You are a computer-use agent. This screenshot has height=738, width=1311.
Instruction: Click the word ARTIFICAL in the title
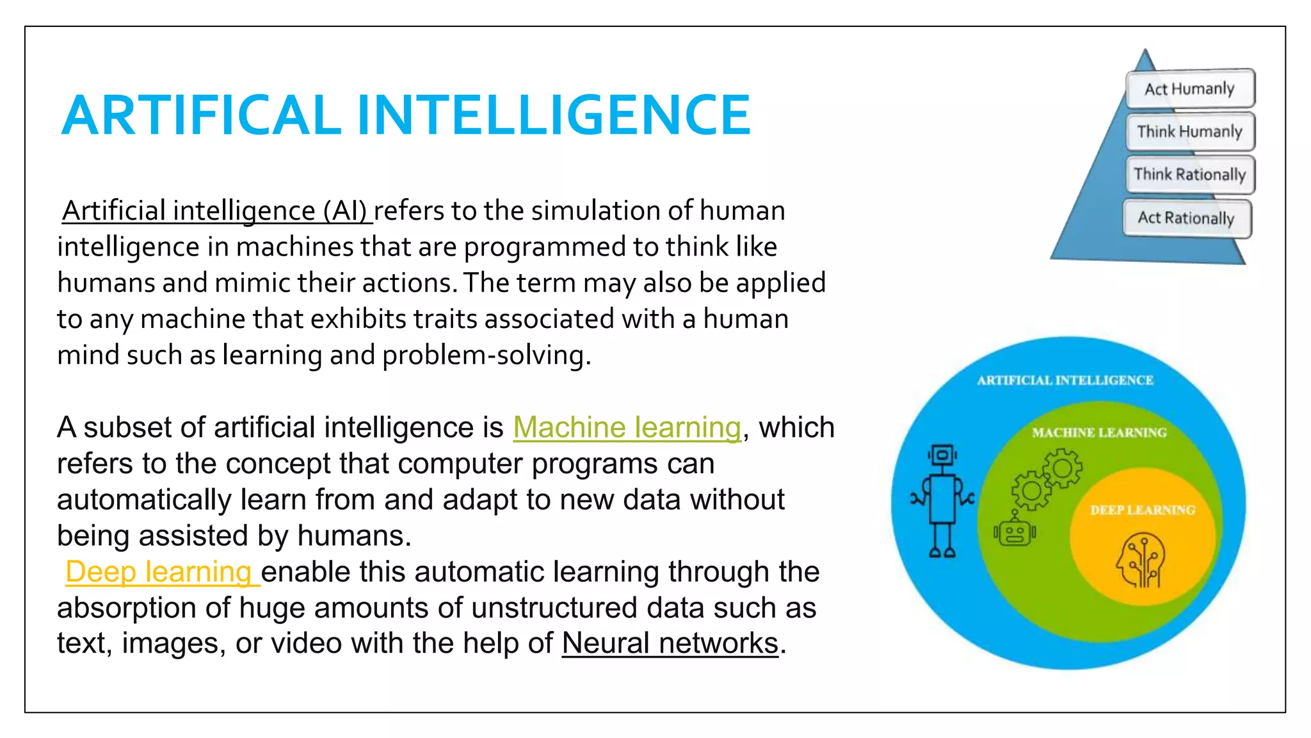201,115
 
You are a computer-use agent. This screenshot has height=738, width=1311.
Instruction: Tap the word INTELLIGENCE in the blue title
554,115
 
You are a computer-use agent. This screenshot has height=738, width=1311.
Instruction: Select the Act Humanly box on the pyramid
1189,88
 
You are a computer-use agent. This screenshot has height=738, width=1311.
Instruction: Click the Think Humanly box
1189,131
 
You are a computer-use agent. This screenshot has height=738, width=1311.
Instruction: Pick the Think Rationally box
1189,174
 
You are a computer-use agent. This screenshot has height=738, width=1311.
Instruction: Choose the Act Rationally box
1186,218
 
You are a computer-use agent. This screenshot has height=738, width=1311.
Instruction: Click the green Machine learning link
627,427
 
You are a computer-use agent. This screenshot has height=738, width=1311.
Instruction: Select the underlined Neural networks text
670,643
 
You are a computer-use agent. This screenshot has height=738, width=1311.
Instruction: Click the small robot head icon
1015,532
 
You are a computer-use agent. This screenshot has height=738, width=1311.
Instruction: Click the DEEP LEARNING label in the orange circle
1143,510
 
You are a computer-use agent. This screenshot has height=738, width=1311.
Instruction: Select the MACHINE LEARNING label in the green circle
1099,433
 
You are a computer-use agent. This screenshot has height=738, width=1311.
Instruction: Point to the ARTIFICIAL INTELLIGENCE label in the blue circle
1065,381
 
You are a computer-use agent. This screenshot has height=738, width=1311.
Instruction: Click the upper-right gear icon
1063,468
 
